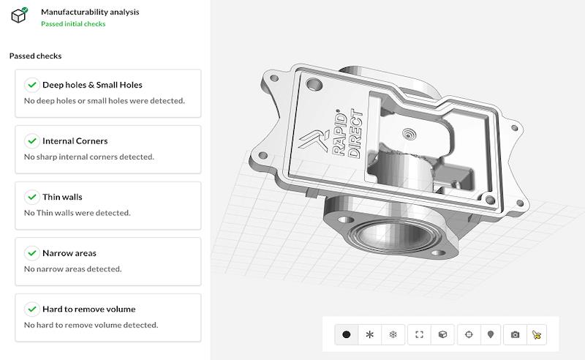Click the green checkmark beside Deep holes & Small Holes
[31, 85]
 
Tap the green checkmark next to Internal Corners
[31, 140]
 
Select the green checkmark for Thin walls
[31, 197]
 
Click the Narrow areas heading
[69, 253]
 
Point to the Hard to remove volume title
[88, 309]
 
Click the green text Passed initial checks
[73, 24]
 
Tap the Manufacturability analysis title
[90, 12]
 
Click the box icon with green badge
[20, 15]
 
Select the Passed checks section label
[35, 56]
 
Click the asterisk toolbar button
[369, 334]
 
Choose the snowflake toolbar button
[393, 334]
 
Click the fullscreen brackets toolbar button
[419, 334]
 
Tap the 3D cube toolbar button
[442, 334]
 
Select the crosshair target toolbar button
[469, 334]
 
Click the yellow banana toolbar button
[537, 334]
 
